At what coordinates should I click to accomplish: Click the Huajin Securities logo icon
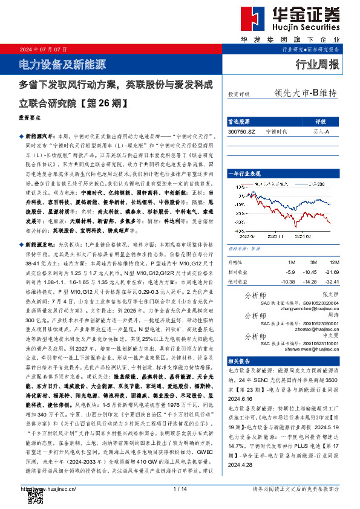click(x=250, y=19)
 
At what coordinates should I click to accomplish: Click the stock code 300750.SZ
click(x=242, y=131)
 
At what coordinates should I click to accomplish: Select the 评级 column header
click(x=321, y=122)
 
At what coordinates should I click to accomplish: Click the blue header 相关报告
click(x=240, y=360)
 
